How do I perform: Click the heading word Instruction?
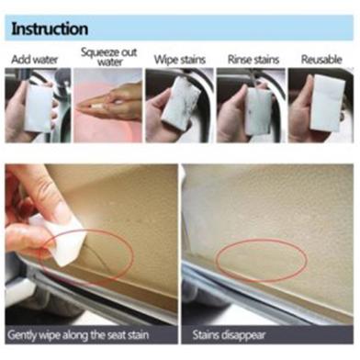(50, 28)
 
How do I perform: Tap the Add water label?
(34, 60)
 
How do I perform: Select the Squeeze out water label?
(108, 57)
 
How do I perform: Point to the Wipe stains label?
(179, 60)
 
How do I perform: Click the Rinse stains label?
(253, 60)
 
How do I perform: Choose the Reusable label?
(321, 60)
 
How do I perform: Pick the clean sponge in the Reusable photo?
(327, 104)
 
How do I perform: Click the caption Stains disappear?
(229, 335)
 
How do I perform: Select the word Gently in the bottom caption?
(21, 334)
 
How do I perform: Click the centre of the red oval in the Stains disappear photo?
(261, 260)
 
